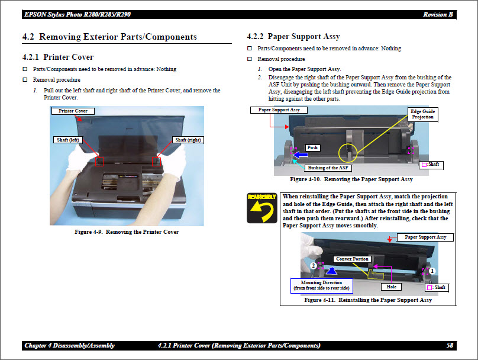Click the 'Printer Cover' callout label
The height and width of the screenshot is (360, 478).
pyautogui.click(x=73, y=111)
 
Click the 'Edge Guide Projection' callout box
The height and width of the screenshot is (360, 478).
pyautogui.click(x=423, y=114)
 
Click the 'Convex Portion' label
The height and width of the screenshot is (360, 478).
pyautogui.click(x=353, y=259)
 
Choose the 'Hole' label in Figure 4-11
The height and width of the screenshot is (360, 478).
pyautogui.click(x=392, y=287)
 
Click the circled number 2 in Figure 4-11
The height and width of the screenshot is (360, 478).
pyautogui.click(x=312, y=266)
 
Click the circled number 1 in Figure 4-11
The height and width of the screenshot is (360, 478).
pyautogui.click(x=432, y=270)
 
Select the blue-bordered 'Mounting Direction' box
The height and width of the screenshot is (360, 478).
pyautogui.click(x=321, y=285)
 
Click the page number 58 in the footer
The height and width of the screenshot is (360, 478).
pyautogui.click(x=450, y=345)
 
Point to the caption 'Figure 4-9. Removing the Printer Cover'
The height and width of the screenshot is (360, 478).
pyautogui.click(x=127, y=232)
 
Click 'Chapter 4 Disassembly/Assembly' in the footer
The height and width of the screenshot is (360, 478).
pyautogui.click(x=70, y=345)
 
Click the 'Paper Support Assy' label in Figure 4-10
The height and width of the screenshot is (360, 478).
pyautogui.click(x=279, y=110)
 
